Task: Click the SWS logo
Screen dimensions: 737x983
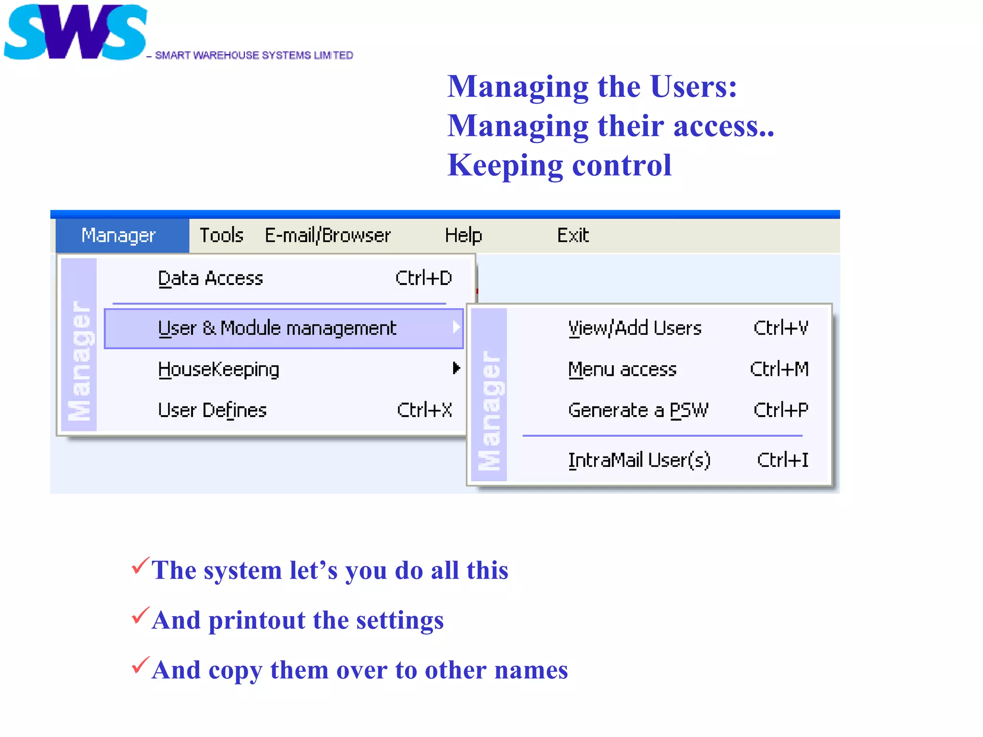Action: pyautogui.click(x=75, y=32)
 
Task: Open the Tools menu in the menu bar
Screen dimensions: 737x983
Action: pyautogui.click(x=221, y=236)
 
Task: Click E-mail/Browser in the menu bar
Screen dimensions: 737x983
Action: pyautogui.click(x=328, y=236)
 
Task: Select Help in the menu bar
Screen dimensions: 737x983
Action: pyautogui.click(x=463, y=236)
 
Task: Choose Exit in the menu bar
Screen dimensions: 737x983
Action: pyautogui.click(x=573, y=236)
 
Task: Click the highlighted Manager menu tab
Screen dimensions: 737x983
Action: pyautogui.click(x=119, y=236)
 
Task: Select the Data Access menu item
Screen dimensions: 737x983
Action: pyautogui.click(x=211, y=279)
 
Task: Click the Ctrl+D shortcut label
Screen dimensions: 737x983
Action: pyautogui.click(x=423, y=279)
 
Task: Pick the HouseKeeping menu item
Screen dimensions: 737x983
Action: pyautogui.click(x=218, y=369)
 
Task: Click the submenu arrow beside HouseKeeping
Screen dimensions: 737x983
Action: pyautogui.click(x=456, y=368)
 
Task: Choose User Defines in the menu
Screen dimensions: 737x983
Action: pyautogui.click(x=212, y=411)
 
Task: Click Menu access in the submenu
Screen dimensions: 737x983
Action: pyautogui.click(x=622, y=369)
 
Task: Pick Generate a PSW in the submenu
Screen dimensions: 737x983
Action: pyautogui.click(x=638, y=411)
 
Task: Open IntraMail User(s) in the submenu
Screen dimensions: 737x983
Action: pyautogui.click(x=639, y=460)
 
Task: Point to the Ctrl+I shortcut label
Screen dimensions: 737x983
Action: pyautogui.click(x=782, y=460)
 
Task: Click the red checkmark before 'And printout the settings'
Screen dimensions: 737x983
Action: pyautogui.click(x=140, y=616)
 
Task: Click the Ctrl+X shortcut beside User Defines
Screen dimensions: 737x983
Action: pyautogui.click(x=424, y=411)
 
